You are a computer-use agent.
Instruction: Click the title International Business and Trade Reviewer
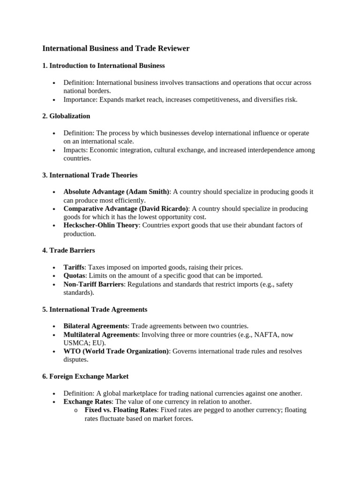click(116, 48)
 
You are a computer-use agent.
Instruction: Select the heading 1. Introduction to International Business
click(103, 66)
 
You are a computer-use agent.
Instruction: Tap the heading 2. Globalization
click(66, 116)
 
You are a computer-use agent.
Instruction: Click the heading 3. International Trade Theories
click(90, 175)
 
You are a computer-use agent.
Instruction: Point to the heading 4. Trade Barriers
click(68, 250)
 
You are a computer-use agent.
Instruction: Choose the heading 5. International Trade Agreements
click(95, 309)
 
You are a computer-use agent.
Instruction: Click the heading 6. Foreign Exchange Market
click(85, 376)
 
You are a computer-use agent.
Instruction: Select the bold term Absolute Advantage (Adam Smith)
click(117, 192)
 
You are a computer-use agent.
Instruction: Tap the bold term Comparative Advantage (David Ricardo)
click(126, 209)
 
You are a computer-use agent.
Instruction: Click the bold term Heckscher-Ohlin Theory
click(101, 225)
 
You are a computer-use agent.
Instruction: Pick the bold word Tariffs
click(74, 267)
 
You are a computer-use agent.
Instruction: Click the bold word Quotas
click(75, 276)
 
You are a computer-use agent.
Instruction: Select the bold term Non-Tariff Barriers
click(94, 285)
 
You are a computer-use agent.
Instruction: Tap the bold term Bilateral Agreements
click(95, 326)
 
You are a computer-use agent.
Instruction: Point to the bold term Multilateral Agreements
click(101, 335)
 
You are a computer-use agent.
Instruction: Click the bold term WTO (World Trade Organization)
click(116, 351)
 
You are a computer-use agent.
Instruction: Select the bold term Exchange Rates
click(87, 402)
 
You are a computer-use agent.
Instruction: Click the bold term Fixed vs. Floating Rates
click(120, 410)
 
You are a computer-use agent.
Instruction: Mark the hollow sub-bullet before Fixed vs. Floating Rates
click(75, 411)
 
